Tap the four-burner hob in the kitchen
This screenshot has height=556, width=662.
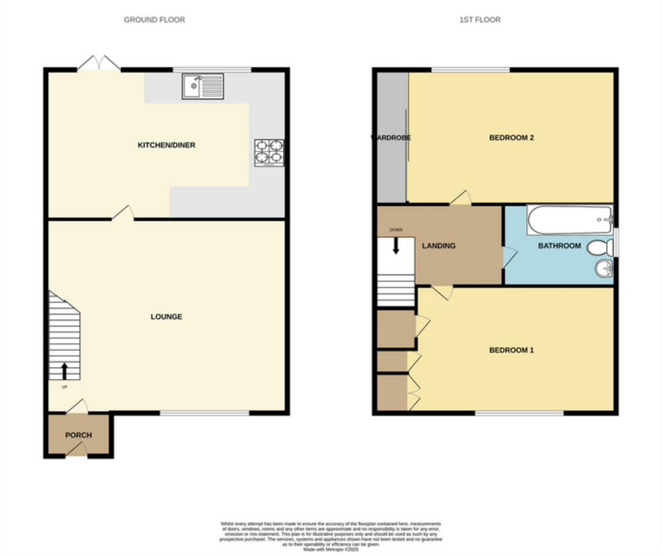pos(269,153)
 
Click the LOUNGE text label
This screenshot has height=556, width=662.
pos(166,317)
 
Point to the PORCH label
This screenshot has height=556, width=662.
pos(79,435)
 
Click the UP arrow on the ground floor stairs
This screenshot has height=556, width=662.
pos(64,371)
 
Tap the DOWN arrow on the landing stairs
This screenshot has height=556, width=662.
pos(395,245)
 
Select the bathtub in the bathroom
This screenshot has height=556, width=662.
pos(569,220)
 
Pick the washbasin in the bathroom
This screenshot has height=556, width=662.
pos(604,269)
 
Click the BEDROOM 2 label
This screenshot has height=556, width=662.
pos(511,137)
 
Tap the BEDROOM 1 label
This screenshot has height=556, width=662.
pos(511,350)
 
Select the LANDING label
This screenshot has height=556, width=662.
pos(438,246)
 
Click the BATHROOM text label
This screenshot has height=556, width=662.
pos(559,246)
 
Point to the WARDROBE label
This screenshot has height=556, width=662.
pos(391,137)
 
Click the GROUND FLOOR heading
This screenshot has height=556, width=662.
pos(154,20)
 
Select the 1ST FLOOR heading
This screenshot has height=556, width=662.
pos(480,20)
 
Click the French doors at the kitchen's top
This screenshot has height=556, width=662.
pos(99,63)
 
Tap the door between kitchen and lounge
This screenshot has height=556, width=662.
pos(123,213)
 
